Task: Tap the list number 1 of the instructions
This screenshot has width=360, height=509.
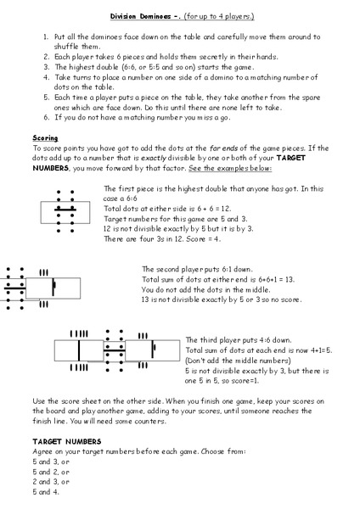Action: tap(45, 38)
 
